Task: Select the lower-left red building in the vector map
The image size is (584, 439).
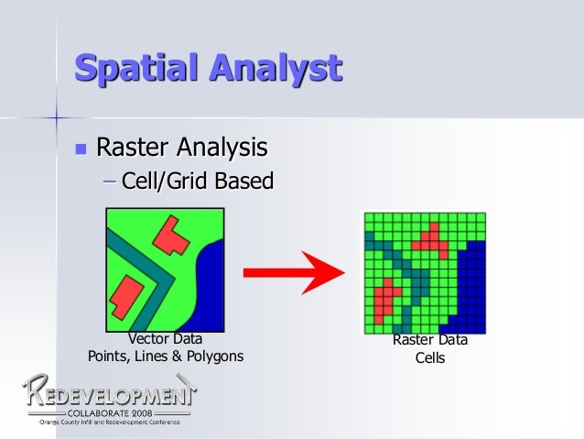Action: pos(129,298)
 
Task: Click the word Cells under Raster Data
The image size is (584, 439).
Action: pos(429,358)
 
